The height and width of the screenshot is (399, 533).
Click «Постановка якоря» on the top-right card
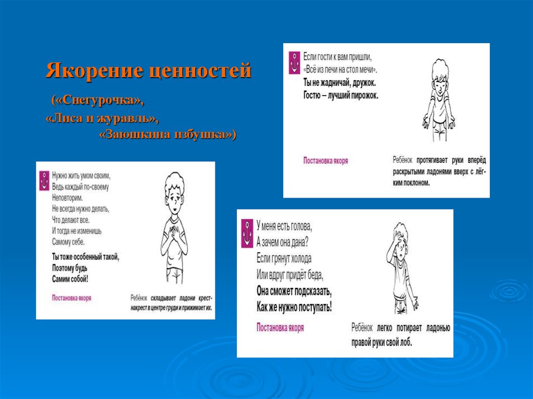(326, 161)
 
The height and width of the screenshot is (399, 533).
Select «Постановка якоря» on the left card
(72, 298)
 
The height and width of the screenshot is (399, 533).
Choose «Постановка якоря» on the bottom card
(280, 328)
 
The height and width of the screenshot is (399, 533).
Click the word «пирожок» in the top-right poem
(361, 95)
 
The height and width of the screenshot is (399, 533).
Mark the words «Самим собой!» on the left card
(70, 279)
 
